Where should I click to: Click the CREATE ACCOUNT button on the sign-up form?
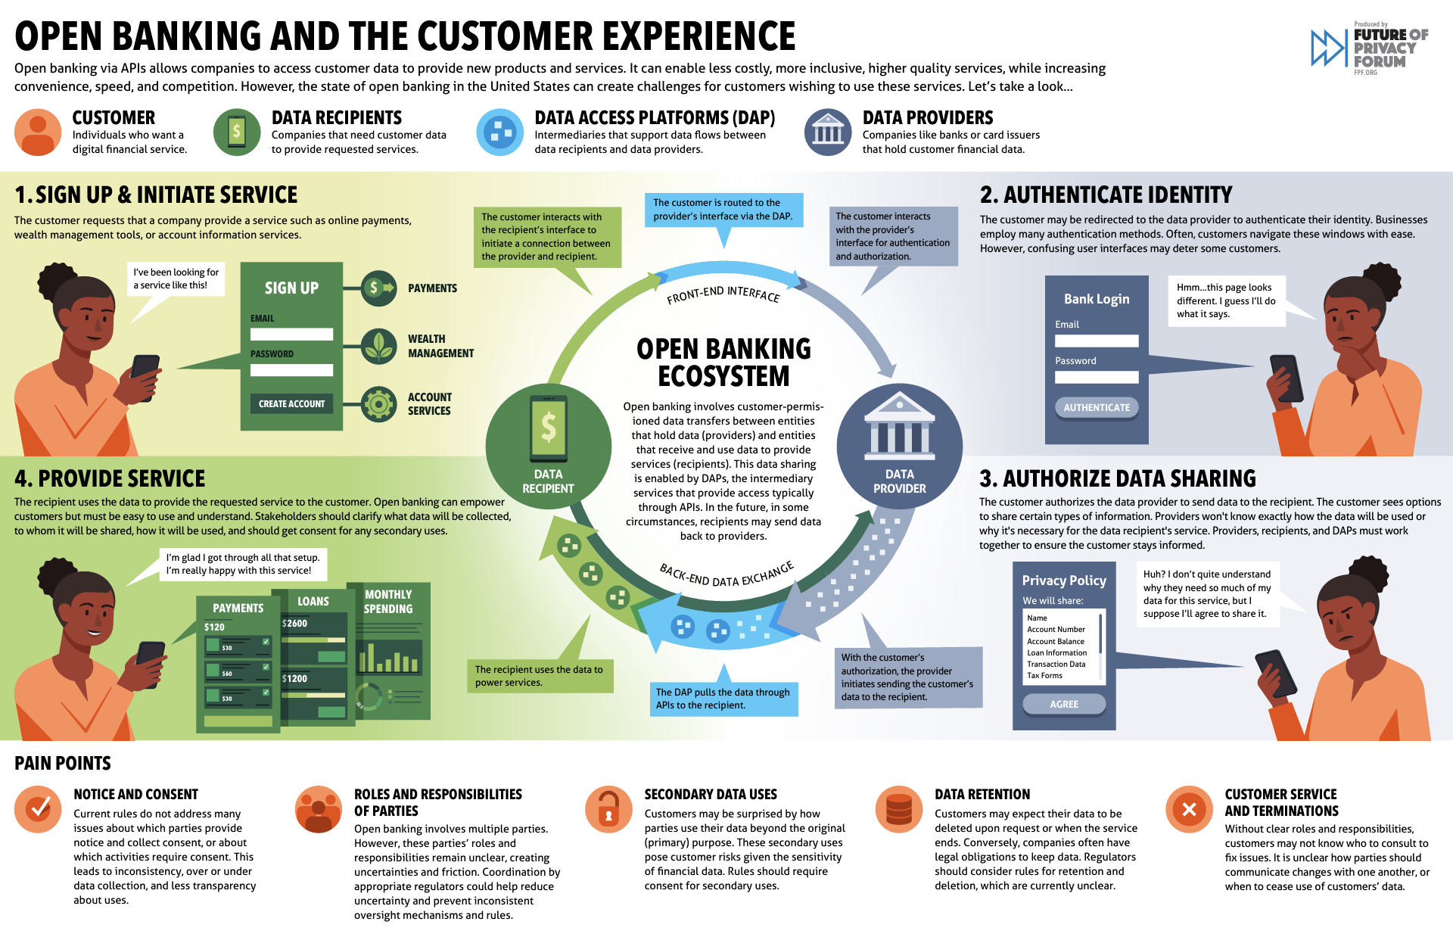point(291,404)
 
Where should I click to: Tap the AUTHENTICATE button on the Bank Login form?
point(1097,407)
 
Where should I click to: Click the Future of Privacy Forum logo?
point(1369,48)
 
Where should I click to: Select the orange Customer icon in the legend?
point(38,132)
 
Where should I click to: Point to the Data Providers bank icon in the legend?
point(828,132)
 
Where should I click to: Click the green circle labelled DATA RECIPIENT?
point(548,447)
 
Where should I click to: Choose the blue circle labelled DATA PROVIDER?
point(899,447)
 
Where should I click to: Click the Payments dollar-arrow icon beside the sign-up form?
point(378,288)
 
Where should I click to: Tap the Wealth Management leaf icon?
point(378,346)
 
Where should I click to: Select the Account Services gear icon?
point(378,404)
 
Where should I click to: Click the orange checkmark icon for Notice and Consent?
point(38,809)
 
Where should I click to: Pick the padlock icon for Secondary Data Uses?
point(608,809)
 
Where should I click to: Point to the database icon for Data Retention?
point(899,809)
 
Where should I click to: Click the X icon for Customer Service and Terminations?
point(1189,809)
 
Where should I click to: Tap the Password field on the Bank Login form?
point(1097,377)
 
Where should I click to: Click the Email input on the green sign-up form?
point(291,334)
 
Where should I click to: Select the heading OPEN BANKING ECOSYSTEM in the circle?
point(723,363)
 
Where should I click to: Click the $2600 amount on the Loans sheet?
point(295,624)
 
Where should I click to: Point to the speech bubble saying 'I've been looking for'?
point(176,279)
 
